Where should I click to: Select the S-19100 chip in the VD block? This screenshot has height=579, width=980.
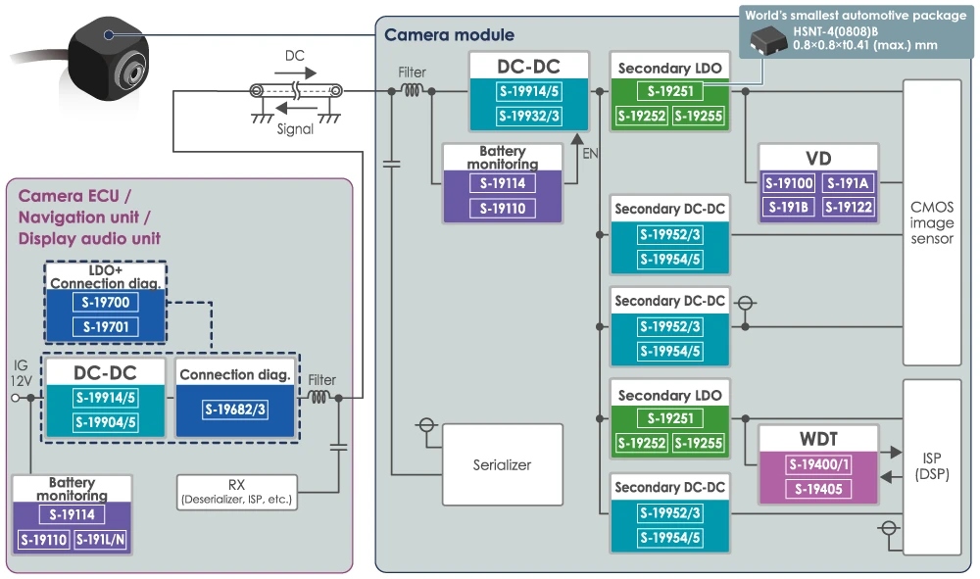click(x=789, y=183)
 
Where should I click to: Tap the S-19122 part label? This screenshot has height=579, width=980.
click(x=848, y=207)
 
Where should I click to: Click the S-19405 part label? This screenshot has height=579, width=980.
click(x=819, y=489)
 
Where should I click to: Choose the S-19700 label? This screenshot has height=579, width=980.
click(x=105, y=304)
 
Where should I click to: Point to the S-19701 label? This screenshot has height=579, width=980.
click(x=105, y=327)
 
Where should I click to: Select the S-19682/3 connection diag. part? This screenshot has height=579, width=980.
click(x=235, y=410)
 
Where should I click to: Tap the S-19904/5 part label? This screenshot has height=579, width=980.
click(x=105, y=422)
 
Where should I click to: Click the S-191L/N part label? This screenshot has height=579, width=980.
click(x=101, y=540)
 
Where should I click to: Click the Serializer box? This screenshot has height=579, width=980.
click(x=503, y=465)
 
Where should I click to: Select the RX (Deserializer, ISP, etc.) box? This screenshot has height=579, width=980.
click(x=236, y=491)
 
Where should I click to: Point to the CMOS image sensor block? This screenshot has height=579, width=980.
click(x=931, y=223)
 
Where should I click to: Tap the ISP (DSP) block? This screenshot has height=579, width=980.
click(x=931, y=467)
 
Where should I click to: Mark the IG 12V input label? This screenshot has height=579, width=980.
click(x=21, y=371)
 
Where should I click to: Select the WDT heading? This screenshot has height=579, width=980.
click(x=819, y=438)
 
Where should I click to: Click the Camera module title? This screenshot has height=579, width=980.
click(x=449, y=35)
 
